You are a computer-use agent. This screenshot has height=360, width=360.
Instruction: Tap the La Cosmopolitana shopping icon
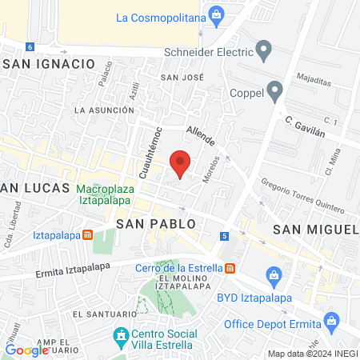point(215,15)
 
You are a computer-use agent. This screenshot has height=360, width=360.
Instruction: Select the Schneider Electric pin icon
point(265,54)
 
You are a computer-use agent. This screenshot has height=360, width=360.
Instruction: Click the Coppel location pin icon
point(275,91)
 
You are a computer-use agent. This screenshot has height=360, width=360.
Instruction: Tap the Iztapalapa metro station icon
point(88,235)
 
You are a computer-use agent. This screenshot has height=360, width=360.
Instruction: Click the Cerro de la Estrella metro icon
point(230,267)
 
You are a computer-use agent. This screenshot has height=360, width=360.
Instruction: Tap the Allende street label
point(200,135)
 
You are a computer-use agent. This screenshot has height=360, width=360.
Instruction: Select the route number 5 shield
point(225,236)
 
